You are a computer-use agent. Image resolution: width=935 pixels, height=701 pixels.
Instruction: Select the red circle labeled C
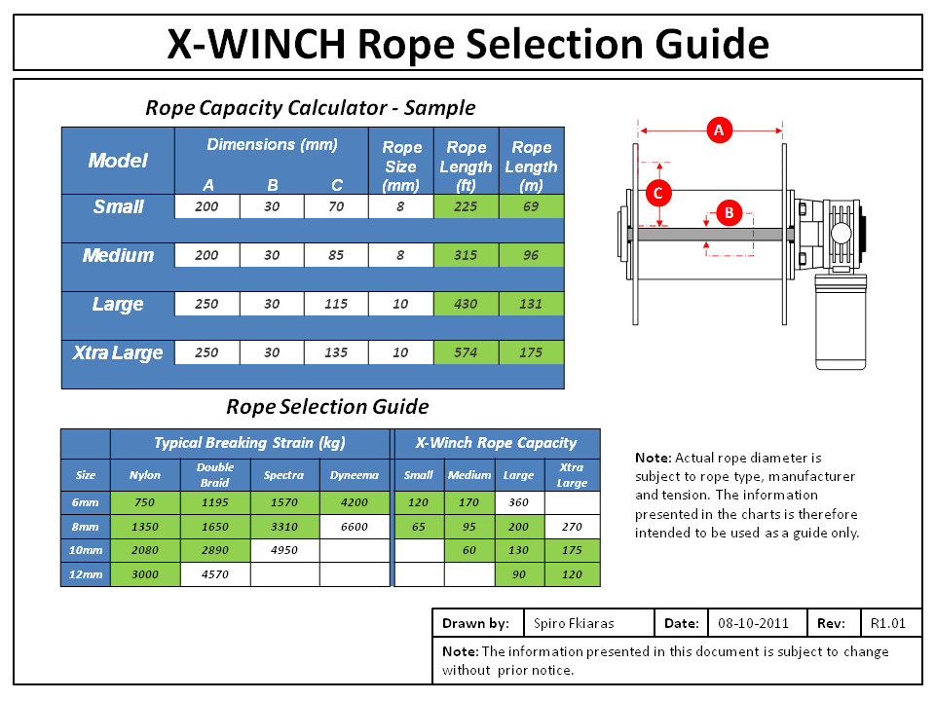(x=657, y=193)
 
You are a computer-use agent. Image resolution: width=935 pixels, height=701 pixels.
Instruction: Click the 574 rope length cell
(x=467, y=352)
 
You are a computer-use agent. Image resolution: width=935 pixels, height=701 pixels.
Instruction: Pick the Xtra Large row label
(x=118, y=352)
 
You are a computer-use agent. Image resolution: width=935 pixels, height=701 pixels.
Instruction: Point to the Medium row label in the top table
(x=118, y=255)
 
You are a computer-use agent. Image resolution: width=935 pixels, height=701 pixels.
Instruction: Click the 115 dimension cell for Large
(x=336, y=304)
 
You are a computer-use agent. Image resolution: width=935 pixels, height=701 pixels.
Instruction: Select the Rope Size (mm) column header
(x=401, y=166)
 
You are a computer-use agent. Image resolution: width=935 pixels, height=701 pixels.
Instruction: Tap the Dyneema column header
(x=355, y=475)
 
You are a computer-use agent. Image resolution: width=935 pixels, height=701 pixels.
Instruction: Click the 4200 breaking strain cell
(x=355, y=503)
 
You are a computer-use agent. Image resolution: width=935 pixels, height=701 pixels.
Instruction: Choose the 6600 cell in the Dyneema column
(x=355, y=527)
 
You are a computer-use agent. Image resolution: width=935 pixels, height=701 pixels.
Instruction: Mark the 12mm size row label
(x=86, y=574)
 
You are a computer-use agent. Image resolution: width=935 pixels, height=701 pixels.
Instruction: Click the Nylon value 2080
(x=145, y=550)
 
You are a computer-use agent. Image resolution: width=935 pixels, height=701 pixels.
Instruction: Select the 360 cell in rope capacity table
(x=519, y=503)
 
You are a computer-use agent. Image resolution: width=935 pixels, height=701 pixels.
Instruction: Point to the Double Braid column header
(x=215, y=475)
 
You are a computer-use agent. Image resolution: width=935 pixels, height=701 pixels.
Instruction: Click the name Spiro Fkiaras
(x=576, y=623)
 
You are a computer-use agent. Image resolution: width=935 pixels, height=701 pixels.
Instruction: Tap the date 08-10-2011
(x=753, y=623)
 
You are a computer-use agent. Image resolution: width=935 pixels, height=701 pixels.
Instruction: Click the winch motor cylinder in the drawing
(x=840, y=321)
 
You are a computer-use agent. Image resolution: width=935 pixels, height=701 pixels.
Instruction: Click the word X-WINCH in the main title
(x=255, y=44)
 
